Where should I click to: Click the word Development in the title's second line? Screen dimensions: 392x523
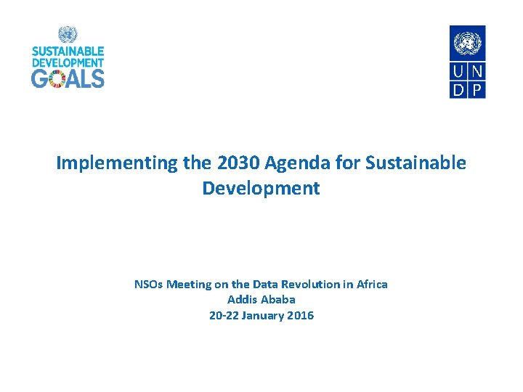[x=261, y=189]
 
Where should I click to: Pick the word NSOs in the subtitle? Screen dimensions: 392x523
[x=149, y=285]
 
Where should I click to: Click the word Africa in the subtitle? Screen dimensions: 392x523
[x=372, y=285]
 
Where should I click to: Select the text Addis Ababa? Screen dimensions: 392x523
[x=261, y=300]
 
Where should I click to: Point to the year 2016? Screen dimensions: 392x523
[x=299, y=316]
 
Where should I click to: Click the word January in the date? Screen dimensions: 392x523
[x=260, y=316]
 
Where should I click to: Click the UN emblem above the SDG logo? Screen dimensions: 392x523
[x=68, y=35]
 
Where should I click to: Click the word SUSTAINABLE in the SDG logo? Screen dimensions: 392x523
[x=68, y=52]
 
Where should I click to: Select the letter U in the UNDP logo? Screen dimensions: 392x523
[x=458, y=72]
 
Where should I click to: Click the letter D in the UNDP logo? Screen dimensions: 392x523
[x=458, y=89]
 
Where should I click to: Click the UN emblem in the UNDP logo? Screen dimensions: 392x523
[x=467, y=43]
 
